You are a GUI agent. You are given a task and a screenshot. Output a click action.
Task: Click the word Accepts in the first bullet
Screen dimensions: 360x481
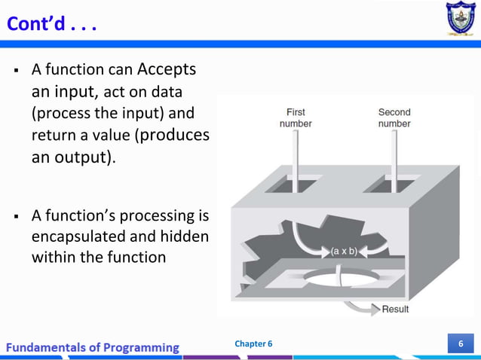pos(167,69)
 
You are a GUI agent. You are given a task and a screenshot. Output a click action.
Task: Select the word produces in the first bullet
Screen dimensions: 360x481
pos(176,136)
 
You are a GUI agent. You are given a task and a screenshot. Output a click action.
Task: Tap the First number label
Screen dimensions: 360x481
pos(296,117)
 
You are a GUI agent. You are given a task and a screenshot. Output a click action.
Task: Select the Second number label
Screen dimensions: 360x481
pos(394,117)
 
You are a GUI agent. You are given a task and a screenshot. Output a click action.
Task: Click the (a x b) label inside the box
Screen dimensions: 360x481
pos(344,250)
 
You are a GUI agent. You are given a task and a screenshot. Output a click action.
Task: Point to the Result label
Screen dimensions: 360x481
pos(395,309)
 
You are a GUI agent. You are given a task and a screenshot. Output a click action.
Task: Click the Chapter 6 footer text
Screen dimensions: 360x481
pos(253,344)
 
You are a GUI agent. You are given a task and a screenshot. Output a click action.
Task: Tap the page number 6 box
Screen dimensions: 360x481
pos(460,344)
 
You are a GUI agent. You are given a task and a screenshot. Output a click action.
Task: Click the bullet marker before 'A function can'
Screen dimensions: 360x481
pos(15,71)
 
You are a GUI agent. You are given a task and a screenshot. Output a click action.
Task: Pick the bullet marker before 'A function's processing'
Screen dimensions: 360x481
pos(15,217)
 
